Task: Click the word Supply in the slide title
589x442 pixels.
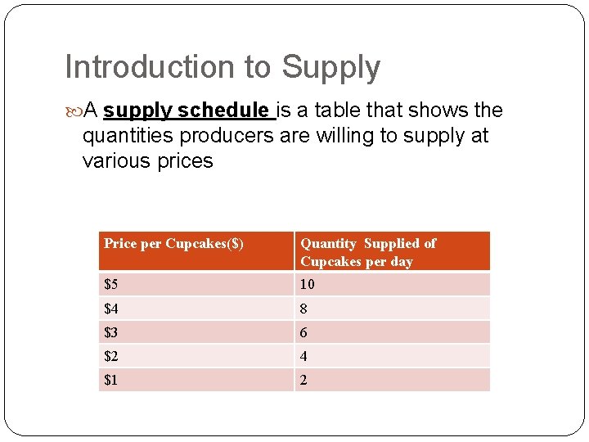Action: [x=330, y=68]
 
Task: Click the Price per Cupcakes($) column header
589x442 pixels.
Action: [x=173, y=243]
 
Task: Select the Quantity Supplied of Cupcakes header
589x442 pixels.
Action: [x=368, y=252]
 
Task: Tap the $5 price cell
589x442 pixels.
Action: [x=111, y=284]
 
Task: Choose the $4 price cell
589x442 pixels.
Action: [x=111, y=309]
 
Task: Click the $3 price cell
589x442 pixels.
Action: [x=111, y=332]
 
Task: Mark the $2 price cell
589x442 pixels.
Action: [x=111, y=356]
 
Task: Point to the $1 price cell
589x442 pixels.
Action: [x=111, y=380]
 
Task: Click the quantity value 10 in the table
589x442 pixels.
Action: [x=308, y=284]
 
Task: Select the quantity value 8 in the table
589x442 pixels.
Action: [x=304, y=309]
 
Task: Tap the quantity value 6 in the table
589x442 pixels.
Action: [x=304, y=332]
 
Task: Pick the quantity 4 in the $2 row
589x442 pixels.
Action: [x=304, y=356]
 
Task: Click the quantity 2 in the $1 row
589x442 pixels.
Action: [x=304, y=380]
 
